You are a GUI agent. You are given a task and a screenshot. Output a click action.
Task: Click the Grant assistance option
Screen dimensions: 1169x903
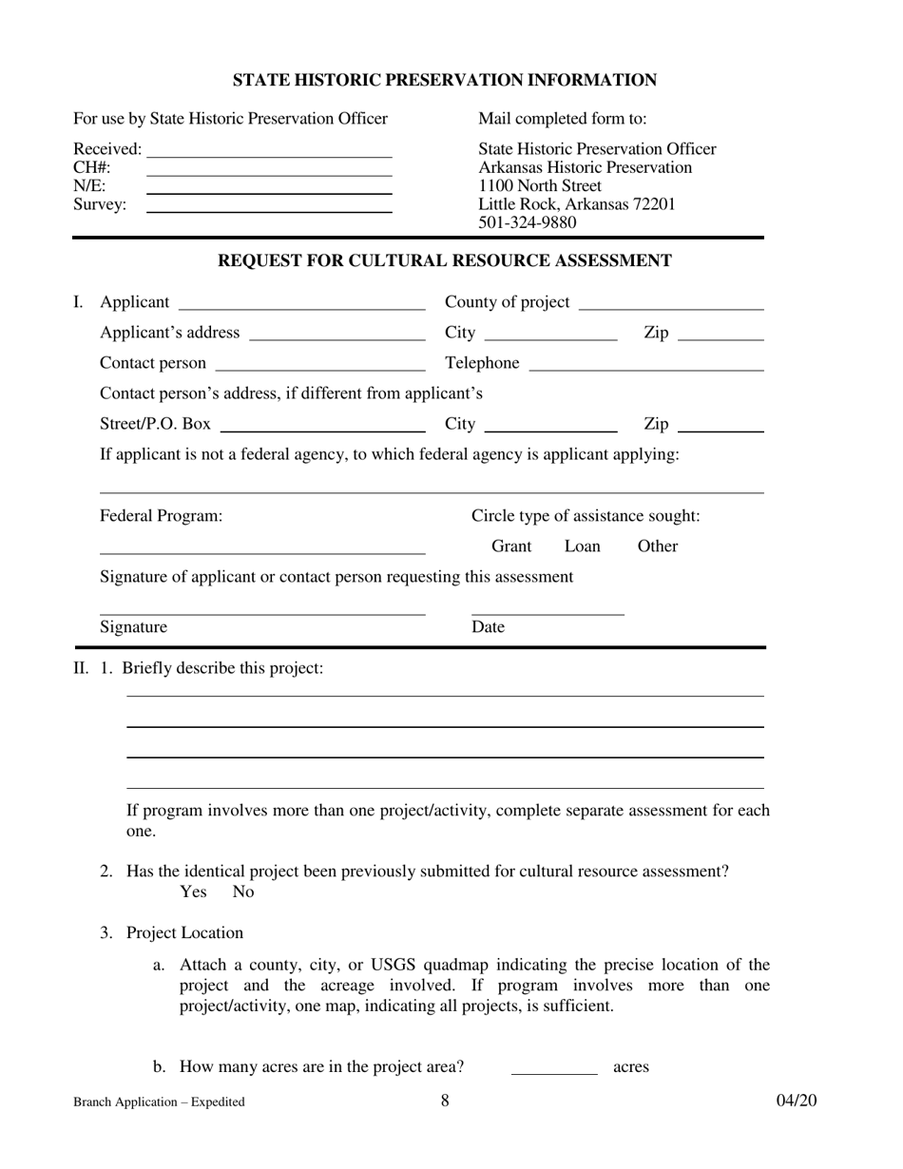(511, 546)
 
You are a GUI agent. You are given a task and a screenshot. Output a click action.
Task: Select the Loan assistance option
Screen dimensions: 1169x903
(583, 546)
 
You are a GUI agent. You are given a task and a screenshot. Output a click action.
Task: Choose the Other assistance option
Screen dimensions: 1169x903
(657, 546)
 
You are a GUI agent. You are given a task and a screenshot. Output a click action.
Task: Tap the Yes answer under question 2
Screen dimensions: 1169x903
(193, 891)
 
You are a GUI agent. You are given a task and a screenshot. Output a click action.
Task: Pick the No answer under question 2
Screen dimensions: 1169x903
(243, 891)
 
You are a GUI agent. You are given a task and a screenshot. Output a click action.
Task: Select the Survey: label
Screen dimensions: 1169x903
(100, 204)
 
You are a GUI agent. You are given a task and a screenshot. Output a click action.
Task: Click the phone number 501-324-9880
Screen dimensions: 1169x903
(527, 222)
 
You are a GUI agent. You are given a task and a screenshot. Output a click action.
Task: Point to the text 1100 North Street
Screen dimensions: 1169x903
(540, 185)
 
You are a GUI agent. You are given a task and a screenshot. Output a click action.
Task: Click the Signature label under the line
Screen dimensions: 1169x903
(134, 626)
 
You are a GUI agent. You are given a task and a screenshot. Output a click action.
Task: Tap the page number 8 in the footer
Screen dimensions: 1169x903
(445, 1101)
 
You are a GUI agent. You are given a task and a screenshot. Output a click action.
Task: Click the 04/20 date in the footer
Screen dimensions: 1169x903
(796, 1101)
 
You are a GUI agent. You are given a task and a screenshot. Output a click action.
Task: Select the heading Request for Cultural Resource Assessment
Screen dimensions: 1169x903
(445, 260)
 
